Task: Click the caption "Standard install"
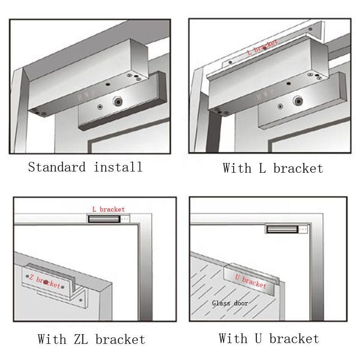(x=85, y=167)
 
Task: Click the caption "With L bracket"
(x=273, y=169)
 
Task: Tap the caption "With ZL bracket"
(x=91, y=339)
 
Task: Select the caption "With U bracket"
(x=269, y=338)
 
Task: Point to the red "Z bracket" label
(x=45, y=282)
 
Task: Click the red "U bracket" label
(x=251, y=280)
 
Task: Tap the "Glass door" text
(x=230, y=303)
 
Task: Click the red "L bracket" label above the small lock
(x=108, y=209)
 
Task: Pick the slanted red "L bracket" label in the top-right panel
(x=262, y=47)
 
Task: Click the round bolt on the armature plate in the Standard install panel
(x=118, y=102)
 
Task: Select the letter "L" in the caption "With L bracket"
(x=263, y=169)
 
